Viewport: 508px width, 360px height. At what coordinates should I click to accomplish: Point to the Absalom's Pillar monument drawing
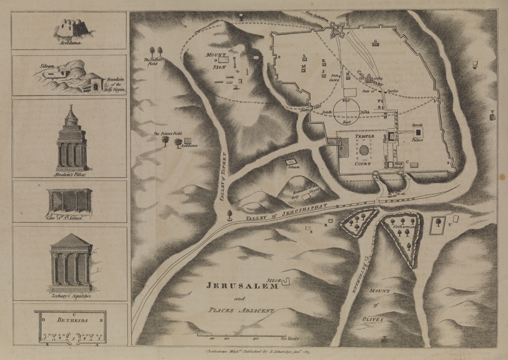tap(71, 138)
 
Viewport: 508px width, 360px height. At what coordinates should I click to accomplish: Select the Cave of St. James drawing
tap(70, 201)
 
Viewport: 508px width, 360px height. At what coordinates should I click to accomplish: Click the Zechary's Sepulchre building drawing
tap(70, 259)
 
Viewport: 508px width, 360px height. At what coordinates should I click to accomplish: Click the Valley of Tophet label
tap(223, 177)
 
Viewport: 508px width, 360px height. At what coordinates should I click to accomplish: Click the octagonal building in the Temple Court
tap(365, 150)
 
